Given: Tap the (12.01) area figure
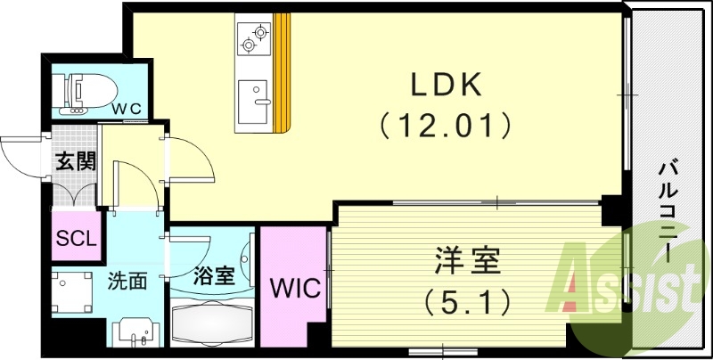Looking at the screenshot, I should click(446, 124).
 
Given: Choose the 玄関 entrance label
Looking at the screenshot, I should click(75, 162).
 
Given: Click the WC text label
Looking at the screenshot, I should click(127, 108).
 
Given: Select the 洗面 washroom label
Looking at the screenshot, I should click(127, 282).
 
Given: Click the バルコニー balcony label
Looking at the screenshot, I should click(668, 210).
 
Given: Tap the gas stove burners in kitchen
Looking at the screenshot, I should click(252, 37).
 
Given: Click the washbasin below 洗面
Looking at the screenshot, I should click(135, 331).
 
